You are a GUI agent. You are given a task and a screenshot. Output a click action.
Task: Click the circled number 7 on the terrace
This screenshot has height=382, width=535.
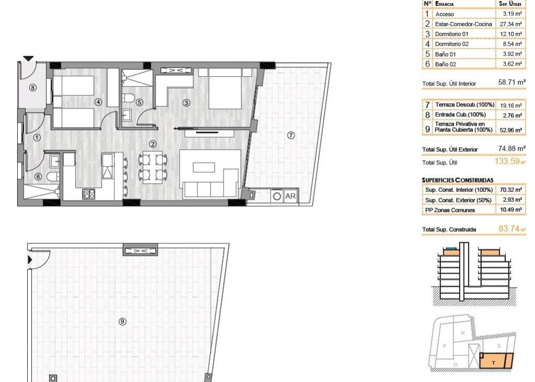(291, 135)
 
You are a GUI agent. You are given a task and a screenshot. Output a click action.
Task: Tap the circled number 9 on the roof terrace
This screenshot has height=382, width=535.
(122, 321)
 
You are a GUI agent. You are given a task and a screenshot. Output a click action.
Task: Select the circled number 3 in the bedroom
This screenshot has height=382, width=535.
(186, 103)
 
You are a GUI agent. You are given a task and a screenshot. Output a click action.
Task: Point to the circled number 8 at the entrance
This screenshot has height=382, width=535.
(33, 88)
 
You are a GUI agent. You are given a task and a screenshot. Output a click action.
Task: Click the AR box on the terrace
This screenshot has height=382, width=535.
(289, 197)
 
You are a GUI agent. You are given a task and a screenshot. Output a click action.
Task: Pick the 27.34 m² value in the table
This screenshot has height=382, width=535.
(510, 24)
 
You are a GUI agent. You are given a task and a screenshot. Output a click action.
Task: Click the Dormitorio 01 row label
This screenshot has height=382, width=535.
(451, 34)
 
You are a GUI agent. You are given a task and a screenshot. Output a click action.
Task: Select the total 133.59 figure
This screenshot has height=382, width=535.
(509, 162)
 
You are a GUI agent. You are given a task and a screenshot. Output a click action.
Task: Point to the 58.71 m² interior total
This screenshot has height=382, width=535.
(511, 82)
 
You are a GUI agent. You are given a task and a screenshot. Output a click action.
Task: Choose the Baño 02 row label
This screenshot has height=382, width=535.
(446, 64)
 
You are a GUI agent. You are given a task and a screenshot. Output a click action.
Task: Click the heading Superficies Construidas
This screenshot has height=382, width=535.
(457, 180)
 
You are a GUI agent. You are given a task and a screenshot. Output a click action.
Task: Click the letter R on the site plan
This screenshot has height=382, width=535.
(463, 332)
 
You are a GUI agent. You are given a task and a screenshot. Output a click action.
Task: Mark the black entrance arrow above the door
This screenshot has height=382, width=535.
(28, 58)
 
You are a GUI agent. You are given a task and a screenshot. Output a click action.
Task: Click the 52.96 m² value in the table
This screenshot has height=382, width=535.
(510, 129)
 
